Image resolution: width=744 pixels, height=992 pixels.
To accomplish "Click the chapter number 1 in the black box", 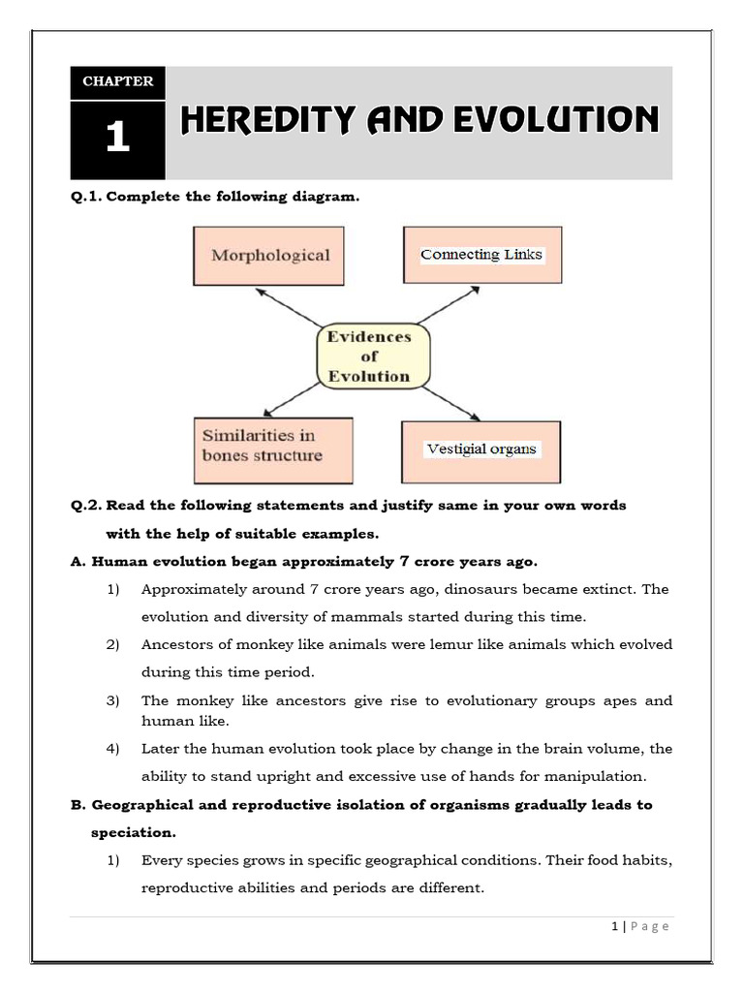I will click(x=117, y=138).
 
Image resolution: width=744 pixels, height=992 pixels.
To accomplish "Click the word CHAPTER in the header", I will click(x=117, y=81).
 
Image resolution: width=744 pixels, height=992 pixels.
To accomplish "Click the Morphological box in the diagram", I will click(x=269, y=256).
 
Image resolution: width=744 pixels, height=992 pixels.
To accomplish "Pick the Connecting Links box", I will click(x=481, y=255).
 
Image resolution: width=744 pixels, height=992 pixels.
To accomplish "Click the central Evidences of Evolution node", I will click(x=368, y=356).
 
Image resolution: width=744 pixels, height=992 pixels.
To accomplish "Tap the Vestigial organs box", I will click(x=481, y=449).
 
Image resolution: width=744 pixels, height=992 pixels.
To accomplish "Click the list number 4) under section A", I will click(x=113, y=749).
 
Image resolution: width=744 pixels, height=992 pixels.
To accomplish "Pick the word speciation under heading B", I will click(x=133, y=832).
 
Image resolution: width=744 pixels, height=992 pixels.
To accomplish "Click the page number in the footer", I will click(x=615, y=926).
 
